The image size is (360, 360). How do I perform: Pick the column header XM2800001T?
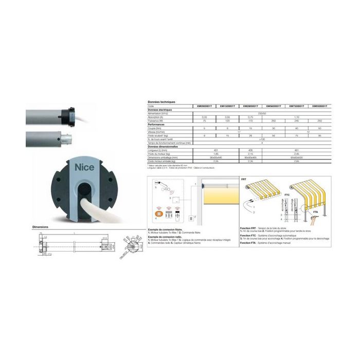(x=248, y=106)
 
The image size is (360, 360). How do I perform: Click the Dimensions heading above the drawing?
(x=40, y=227)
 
